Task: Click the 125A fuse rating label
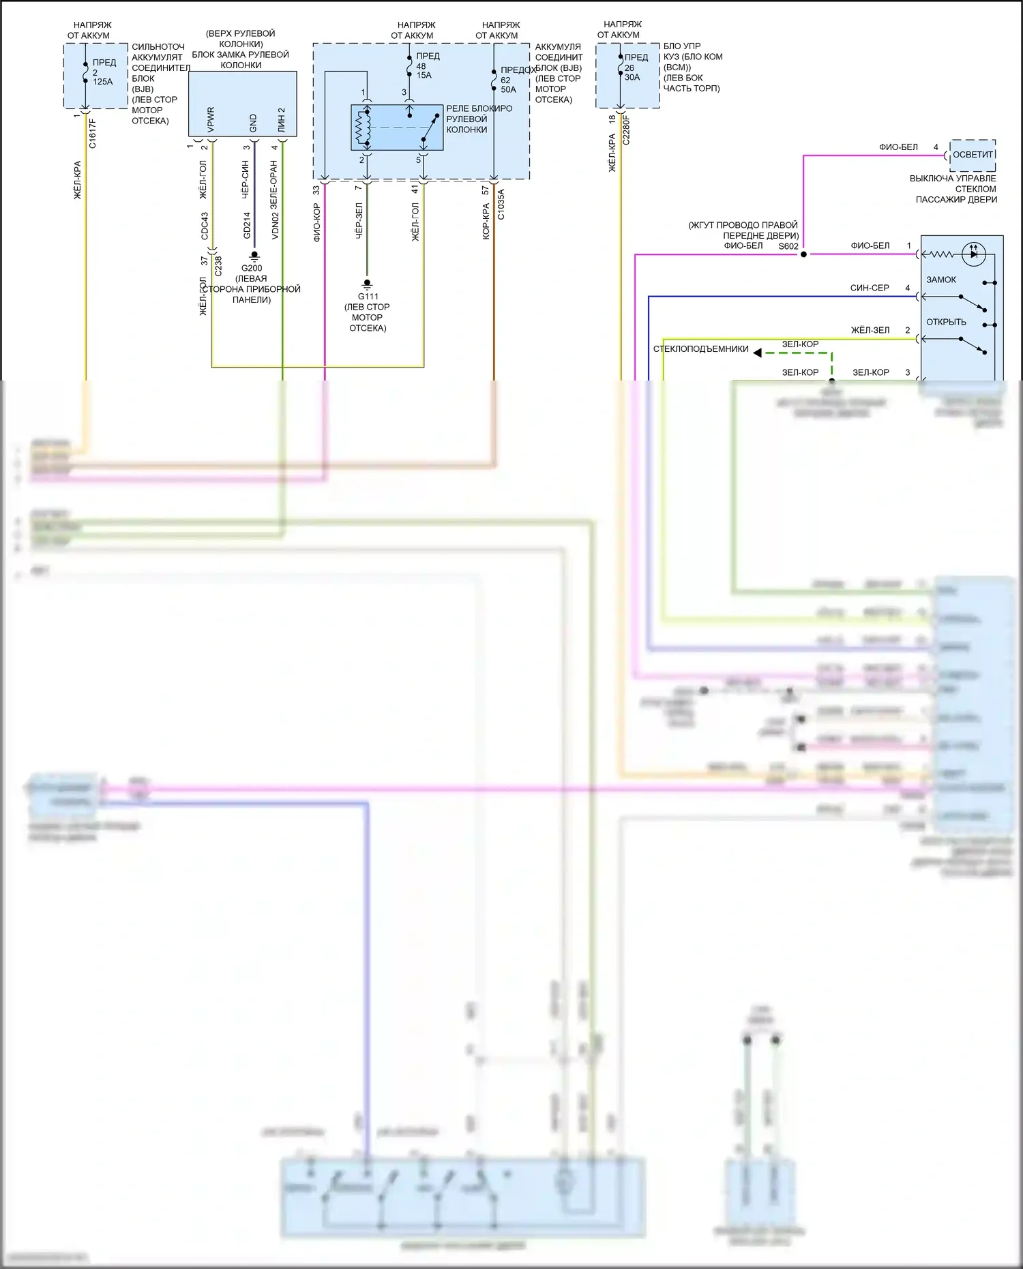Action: (103, 82)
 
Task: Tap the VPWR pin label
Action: (211, 119)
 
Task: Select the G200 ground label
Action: (252, 268)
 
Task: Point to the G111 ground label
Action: (368, 296)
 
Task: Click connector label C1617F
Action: (93, 134)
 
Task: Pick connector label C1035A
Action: (501, 205)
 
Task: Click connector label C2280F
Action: (627, 130)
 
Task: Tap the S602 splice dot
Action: (803, 254)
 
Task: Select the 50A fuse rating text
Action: (508, 89)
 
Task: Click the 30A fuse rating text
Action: (632, 77)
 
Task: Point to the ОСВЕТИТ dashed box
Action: (973, 155)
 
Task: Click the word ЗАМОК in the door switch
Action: (941, 280)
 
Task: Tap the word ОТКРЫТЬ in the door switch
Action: (946, 322)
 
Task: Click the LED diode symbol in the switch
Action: (973, 254)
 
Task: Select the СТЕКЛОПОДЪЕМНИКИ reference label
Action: (701, 349)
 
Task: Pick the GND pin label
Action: (253, 123)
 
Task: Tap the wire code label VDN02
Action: (276, 226)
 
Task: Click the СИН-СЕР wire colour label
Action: (870, 288)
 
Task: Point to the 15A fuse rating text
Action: (424, 75)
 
